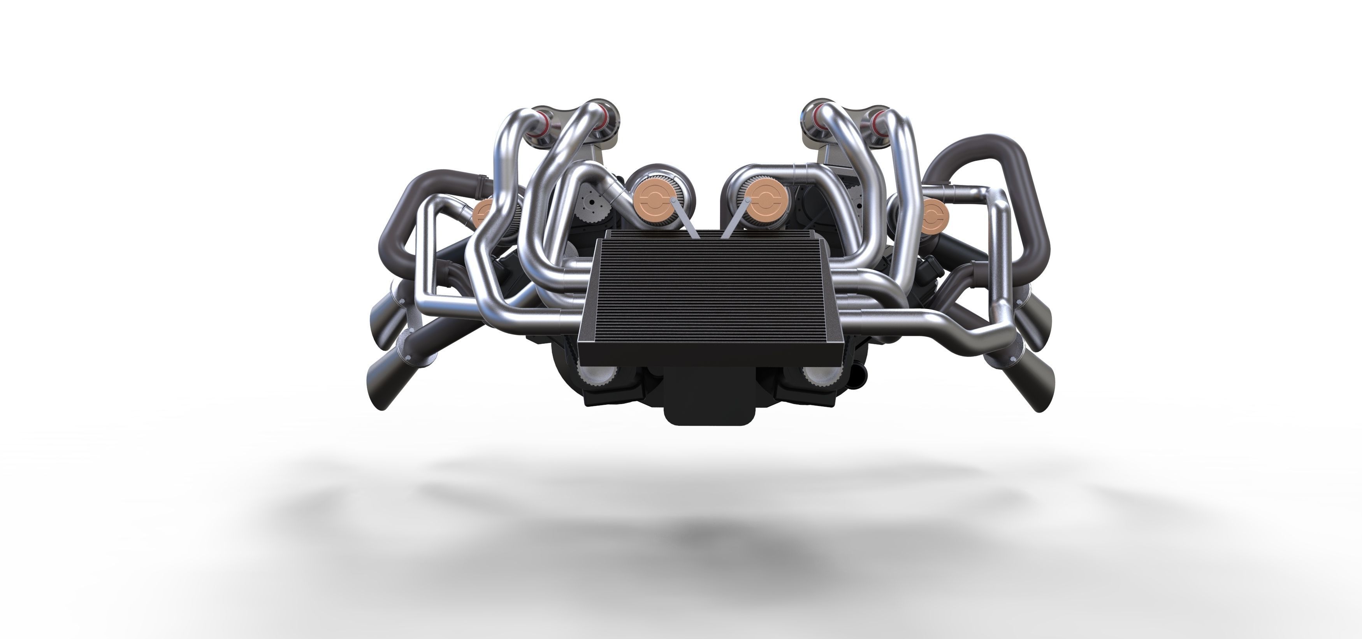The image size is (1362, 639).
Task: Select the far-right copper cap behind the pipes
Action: point(935,216)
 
